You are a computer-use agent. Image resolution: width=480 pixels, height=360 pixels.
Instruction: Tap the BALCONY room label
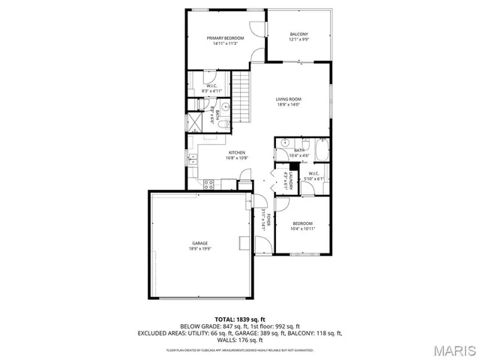pos(299,34)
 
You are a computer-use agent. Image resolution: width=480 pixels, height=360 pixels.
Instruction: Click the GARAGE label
pos(199,243)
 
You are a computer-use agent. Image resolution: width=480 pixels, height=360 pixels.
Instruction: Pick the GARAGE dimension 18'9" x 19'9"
pos(199,249)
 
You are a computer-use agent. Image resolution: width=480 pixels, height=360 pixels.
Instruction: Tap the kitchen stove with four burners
pos(208,183)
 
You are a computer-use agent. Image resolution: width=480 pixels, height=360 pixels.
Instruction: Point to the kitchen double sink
pos(193,159)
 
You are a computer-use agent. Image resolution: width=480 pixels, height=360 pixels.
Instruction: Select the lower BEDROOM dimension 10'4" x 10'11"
pos(303,228)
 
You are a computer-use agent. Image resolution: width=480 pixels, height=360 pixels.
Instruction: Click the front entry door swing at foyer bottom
pos(262,244)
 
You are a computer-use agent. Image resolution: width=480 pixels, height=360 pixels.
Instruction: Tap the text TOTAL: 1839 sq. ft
pos(239,319)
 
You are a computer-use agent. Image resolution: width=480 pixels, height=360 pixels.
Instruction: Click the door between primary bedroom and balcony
pos(264,26)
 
